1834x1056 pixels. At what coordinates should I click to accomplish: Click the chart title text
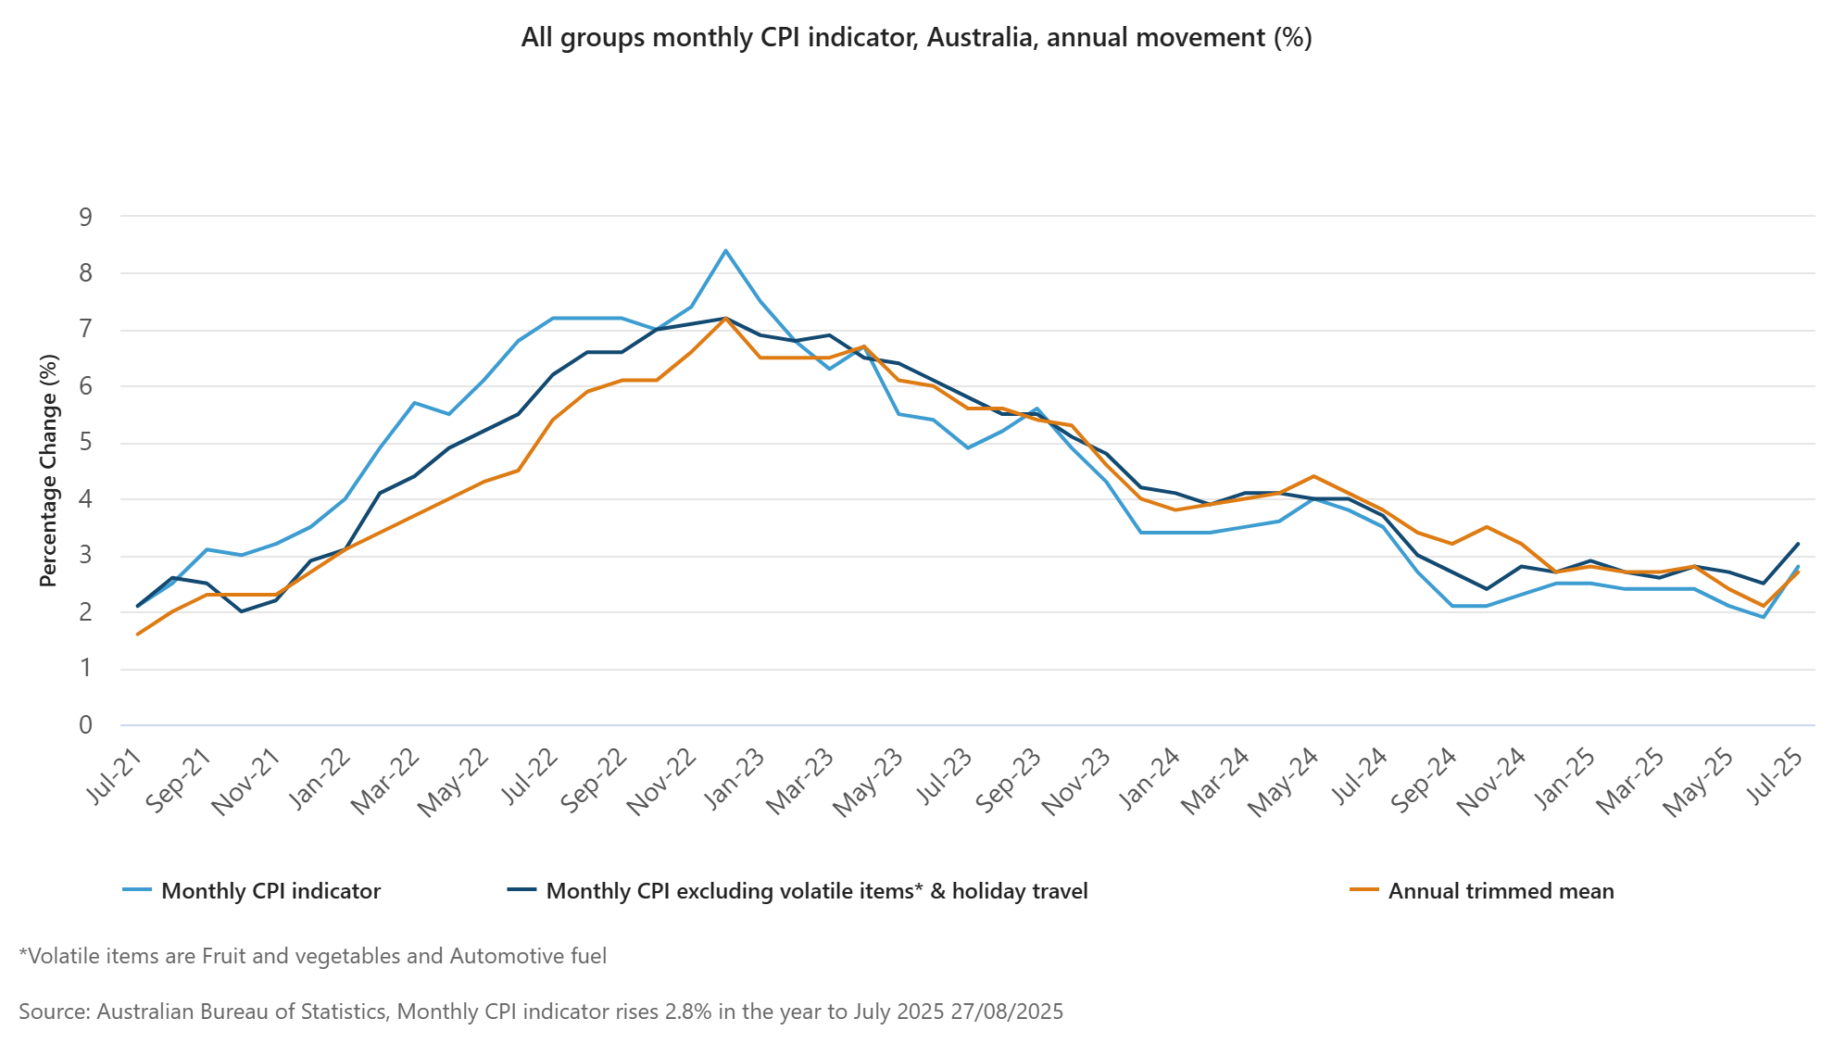pyautogui.click(x=916, y=38)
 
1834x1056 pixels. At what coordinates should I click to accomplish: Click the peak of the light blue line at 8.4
pyautogui.click(x=725, y=250)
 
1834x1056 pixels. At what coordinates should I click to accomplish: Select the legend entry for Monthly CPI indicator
pyautogui.click(x=270, y=891)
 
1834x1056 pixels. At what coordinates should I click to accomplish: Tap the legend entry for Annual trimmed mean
pyautogui.click(x=1501, y=891)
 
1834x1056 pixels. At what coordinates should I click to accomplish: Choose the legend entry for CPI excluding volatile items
pyautogui.click(x=816, y=891)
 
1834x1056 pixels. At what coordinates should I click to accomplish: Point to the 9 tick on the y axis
pyautogui.click(x=86, y=218)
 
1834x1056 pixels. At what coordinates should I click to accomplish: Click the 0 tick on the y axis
pyautogui.click(x=86, y=725)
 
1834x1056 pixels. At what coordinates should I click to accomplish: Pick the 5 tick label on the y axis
pyautogui.click(x=86, y=443)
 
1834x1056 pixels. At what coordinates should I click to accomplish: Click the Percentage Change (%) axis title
pyautogui.click(x=48, y=471)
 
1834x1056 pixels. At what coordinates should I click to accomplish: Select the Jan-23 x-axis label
pyautogui.click(x=736, y=778)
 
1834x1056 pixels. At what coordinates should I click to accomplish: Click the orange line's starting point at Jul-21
pyautogui.click(x=137, y=635)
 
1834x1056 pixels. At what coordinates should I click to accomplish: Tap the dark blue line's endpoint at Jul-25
pyautogui.click(x=1798, y=544)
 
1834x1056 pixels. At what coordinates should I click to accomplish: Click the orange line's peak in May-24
pyautogui.click(x=1313, y=476)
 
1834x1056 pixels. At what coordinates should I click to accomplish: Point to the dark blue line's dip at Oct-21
pyautogui.click(x=241, y=611)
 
